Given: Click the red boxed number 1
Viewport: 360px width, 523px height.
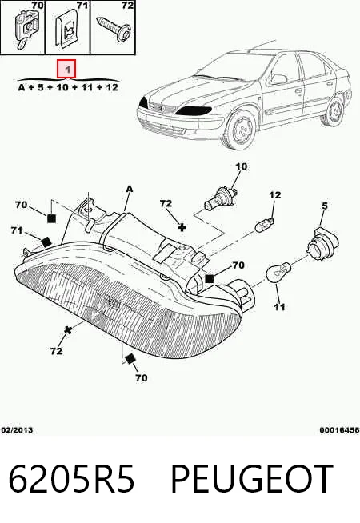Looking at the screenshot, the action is coord(66,69).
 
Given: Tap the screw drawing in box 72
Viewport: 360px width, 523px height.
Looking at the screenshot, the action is coord(114,29).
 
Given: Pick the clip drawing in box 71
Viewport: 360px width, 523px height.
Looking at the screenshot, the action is coord(68,30).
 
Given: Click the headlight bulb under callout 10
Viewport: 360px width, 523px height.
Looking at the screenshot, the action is coord(221,199).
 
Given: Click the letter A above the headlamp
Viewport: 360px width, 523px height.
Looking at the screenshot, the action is coord(130,189).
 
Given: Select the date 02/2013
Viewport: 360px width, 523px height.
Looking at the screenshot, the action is coord(17,430).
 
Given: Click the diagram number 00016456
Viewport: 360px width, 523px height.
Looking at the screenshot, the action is coord(339,430).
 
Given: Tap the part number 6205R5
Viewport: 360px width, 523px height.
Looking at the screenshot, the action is coord(71,479).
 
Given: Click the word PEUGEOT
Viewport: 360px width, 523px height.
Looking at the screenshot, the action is coord(252,479).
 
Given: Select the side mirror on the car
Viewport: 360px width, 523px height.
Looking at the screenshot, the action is coord(279,78).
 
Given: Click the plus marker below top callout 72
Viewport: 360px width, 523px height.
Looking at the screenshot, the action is coord(182,227).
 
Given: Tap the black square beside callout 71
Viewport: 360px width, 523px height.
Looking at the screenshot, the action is coord(46,242).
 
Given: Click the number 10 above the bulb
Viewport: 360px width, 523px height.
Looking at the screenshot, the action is coord(242,166).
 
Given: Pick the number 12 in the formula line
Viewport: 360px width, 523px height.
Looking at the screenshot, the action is coord(111,88).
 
